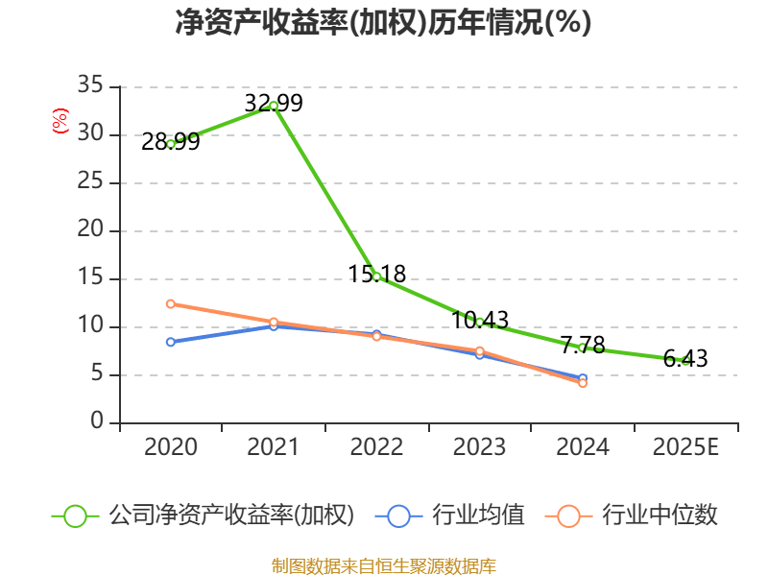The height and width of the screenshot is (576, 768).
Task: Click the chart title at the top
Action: click(383, 23)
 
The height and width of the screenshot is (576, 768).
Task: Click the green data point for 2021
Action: click(274, 106)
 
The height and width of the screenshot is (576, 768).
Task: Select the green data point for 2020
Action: click(171, 143)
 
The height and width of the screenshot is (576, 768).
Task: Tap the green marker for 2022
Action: click(376, 276)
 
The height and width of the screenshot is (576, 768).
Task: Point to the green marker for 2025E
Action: click(685, 360)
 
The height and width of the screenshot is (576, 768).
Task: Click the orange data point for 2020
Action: click(171, 303)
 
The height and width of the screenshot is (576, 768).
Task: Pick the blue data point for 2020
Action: click(171, 342)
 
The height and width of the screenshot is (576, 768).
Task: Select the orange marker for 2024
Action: click(583, 383)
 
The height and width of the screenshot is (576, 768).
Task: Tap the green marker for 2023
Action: click(479, 322)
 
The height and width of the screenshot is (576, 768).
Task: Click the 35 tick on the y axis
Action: click(90, 85)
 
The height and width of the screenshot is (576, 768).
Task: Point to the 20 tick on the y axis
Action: click(90, 230)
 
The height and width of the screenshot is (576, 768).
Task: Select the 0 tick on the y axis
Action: click(97, 422)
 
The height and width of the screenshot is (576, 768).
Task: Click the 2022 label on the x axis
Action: click(376, 447)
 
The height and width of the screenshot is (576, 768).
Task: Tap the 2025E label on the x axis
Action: click(685, 447)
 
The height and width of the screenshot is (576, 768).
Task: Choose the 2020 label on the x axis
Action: click(171, 447)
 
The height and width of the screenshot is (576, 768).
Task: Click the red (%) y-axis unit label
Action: click(60, 122)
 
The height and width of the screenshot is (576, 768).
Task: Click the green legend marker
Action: click(76, 516)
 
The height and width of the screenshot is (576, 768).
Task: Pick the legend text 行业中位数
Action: click(660, 516)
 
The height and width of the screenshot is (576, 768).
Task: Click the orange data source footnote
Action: click(383, 564)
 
